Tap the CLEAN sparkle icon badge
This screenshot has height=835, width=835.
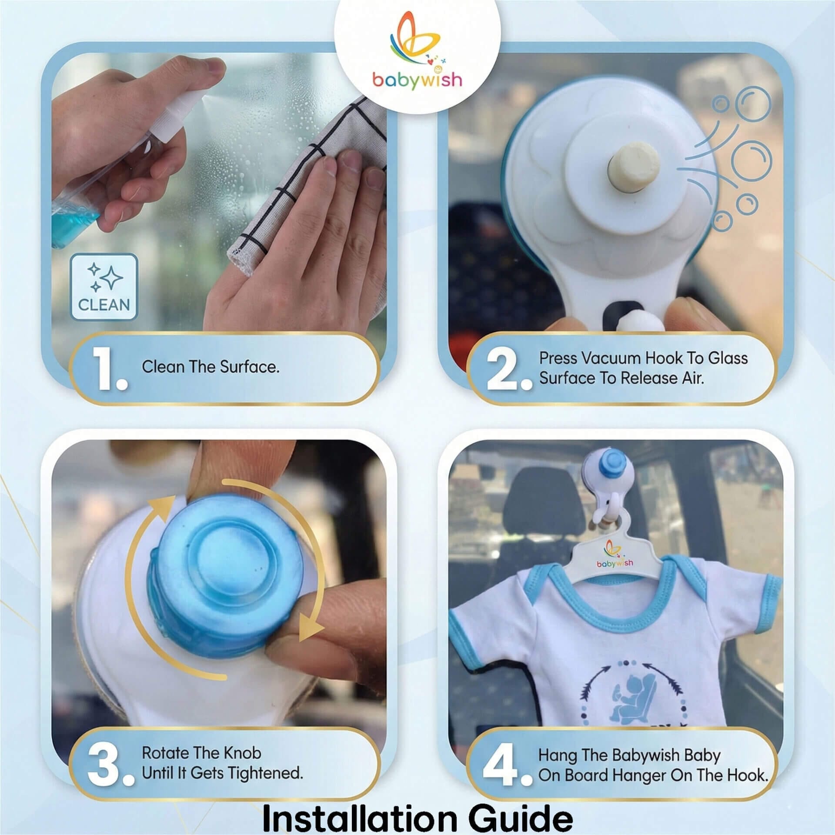pos(104,287)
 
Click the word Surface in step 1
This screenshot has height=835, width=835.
pos(249,367)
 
